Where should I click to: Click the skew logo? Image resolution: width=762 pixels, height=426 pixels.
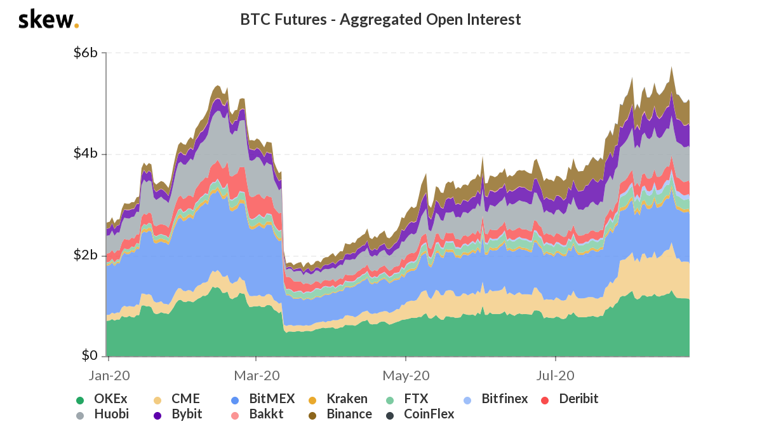pyautogui.click(x=48, y=20)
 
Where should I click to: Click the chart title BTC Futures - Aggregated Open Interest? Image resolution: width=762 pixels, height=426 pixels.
pyautogui.click(x=380, y=20)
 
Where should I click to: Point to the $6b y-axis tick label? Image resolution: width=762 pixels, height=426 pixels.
pyautogui.click(x=84, y=53)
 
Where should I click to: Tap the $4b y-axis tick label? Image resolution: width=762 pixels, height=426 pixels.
pyautogui.click(x=84, y=154)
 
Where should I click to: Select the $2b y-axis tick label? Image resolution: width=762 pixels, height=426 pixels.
pyautogui.click(x=84, y=255)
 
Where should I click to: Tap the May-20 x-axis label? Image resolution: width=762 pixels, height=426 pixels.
pyautogui.click(x=406, y=375)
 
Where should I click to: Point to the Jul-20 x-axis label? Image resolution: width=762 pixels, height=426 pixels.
pyautogui.click(x=556, y=375)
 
